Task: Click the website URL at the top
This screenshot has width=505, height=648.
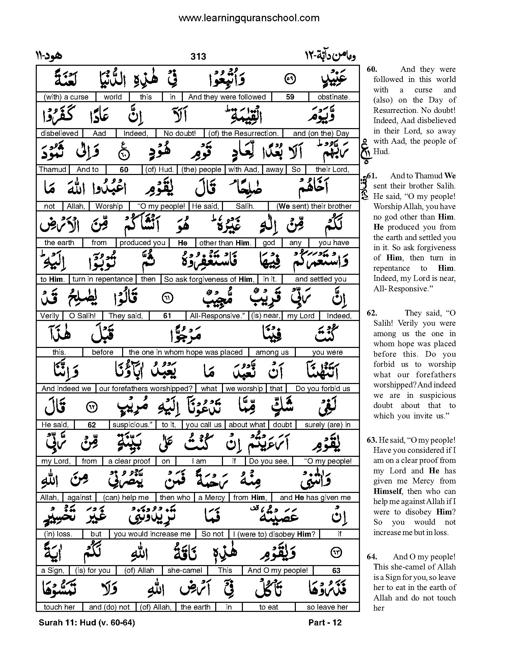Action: click(249, 18)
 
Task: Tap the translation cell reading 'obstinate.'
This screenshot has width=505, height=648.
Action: click(334, 97)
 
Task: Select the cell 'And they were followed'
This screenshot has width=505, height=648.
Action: click(227, 97)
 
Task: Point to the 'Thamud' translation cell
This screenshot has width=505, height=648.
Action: click(52, 170)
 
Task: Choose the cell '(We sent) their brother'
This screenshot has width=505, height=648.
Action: click(314, 206)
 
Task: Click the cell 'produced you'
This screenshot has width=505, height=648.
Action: click(142, 243)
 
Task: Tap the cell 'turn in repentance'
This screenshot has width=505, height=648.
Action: click(103, 279)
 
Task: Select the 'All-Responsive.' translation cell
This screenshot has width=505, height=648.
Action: click(217, 316)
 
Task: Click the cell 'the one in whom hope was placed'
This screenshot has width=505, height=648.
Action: click(186, 352)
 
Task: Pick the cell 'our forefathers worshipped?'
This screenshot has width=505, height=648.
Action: click(146, 389)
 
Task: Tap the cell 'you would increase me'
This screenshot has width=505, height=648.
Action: click(152, 534)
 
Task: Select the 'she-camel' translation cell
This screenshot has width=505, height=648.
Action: click(185, 570)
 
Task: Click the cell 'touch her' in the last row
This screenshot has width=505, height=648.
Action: click(59, 607)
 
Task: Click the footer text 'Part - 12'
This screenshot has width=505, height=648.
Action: click(325, 623)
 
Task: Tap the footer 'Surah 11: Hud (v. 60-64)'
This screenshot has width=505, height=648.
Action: click(87, 623)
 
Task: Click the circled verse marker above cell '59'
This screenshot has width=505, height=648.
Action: click(290, 80)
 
